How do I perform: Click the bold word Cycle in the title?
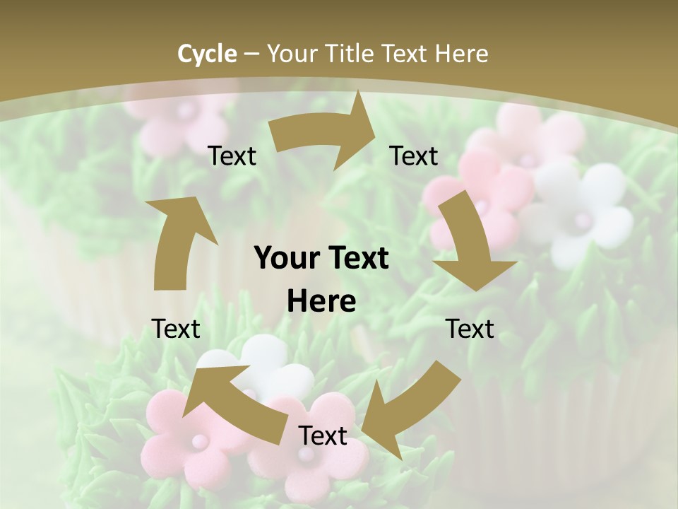207,54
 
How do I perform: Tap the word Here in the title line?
461,54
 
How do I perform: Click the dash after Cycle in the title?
251,54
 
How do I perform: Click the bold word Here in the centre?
321,302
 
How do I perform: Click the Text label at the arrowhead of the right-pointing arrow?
414,156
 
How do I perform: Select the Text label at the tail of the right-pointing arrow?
232,156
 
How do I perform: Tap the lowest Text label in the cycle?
323,435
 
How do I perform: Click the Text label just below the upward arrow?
176,329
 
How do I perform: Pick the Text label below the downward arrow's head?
470,329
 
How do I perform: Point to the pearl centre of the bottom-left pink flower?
199,441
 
